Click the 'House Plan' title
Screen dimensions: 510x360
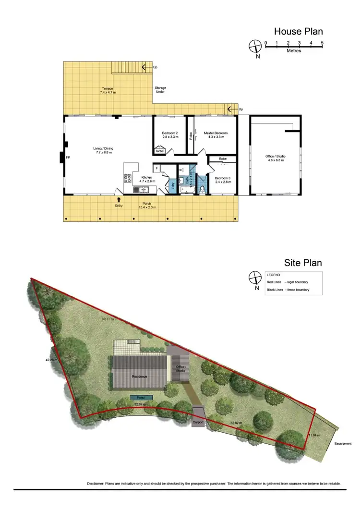point(298,32)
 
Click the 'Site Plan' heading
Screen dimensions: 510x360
point(302,263)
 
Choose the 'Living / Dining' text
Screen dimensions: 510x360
point(103,148)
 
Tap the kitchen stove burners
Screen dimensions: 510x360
point(128,179)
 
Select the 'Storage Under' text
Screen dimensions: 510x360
point(160,90)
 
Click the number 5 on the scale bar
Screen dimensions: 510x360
point(322,43)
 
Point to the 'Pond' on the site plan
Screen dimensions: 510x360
point(141,398)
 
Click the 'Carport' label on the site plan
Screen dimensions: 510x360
point(199,423)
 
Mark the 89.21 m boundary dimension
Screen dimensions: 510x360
point(107,319)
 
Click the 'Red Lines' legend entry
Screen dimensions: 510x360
point(275,282)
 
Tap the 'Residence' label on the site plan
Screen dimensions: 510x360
point(140,376)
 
